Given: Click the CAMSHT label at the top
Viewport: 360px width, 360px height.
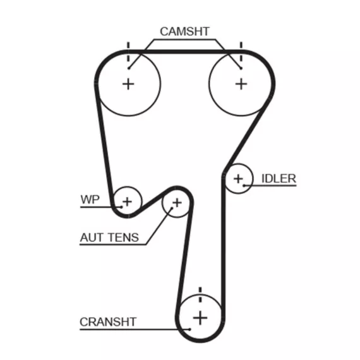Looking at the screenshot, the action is [184, 32].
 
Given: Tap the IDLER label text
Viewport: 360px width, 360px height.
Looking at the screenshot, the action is [279, 179].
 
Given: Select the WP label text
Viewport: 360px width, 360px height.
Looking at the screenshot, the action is [90, 200].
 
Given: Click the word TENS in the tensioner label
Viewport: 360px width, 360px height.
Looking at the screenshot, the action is [124, 237].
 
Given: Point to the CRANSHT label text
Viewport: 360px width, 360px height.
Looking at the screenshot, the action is [108, 322].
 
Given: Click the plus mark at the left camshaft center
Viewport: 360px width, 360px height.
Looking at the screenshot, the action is [128, 84].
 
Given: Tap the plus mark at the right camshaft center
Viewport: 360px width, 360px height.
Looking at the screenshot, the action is [241, 84].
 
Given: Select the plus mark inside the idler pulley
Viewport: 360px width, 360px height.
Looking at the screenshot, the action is [238, 179].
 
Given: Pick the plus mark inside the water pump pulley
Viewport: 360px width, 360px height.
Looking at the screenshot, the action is [127, 201].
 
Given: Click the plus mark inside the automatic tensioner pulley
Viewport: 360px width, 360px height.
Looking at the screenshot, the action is [177, 203].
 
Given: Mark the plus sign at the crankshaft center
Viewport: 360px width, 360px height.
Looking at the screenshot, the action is [200, 318].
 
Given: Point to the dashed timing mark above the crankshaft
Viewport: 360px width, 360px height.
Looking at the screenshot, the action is [200, 295].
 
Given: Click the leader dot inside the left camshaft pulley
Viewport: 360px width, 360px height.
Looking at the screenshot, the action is [129, 68].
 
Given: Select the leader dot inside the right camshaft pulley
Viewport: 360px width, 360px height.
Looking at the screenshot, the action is [241, 68].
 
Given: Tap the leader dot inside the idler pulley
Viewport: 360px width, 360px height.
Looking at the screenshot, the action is [244, 185].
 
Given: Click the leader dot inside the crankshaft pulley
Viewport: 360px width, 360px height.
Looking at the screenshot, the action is [189, 330].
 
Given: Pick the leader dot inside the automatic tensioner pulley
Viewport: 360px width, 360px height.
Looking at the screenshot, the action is [172, 208].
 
